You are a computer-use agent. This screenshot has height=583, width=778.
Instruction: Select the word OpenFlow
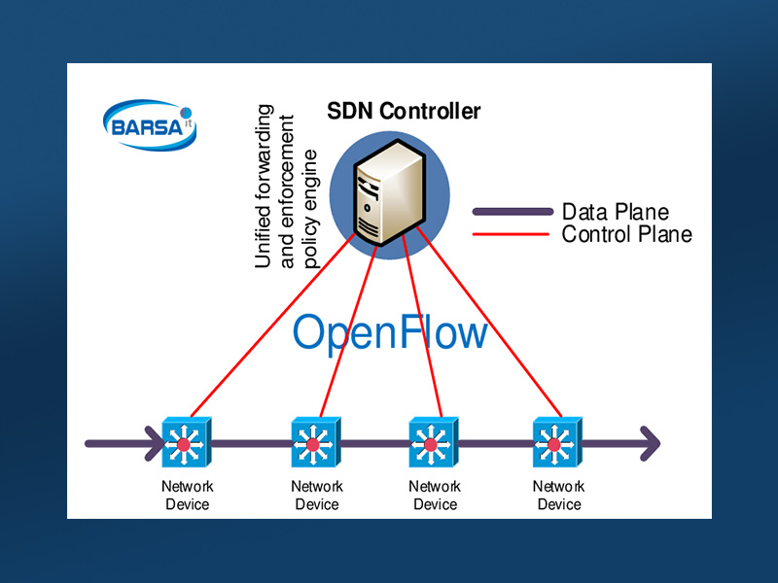click(x=390, y=332)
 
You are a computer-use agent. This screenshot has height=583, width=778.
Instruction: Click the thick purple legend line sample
click(x=512, y=212)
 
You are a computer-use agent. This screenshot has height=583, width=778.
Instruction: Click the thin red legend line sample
click(x=512, y=234)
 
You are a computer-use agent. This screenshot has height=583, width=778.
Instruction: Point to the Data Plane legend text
click(x=616, y=212)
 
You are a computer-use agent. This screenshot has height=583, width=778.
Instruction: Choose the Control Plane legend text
click(x=627, y=234)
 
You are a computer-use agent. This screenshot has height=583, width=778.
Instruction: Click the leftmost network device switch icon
click(x=182, y=444)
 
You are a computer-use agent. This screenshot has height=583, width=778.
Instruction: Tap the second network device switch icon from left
click(x=313, y=444)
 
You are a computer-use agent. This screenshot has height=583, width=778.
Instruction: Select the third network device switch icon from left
click(x=430, y=444)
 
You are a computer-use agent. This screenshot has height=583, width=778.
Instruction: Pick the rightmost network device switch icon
click(x=555, y=444)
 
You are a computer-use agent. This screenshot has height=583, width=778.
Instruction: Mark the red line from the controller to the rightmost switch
click(x=486, y=326)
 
